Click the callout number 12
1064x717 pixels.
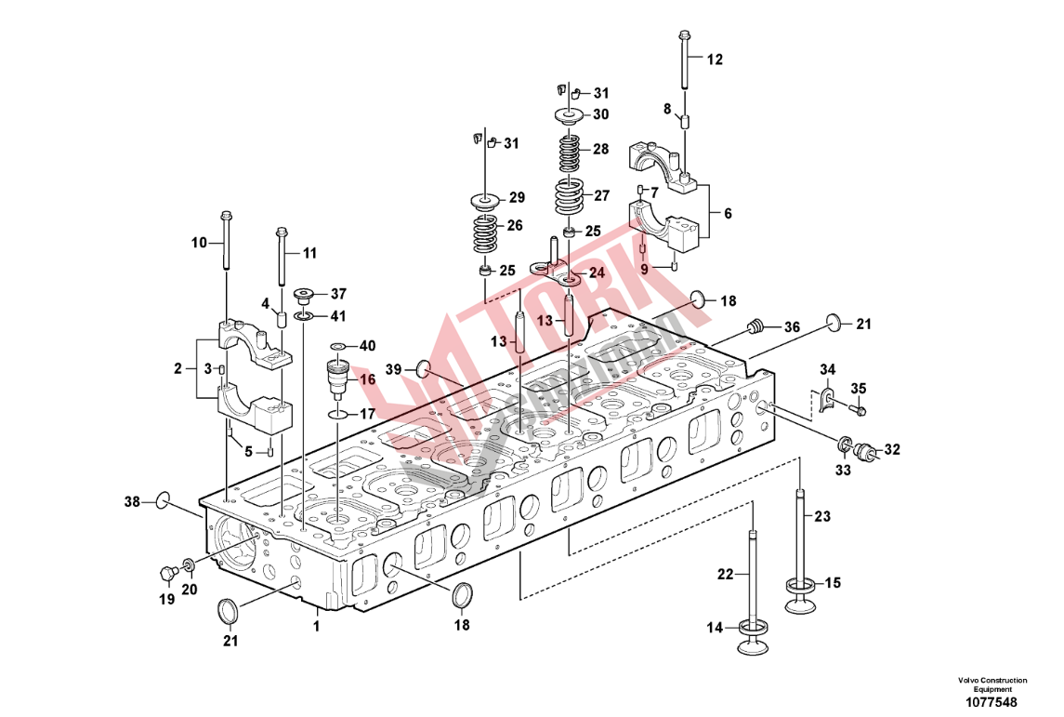714,60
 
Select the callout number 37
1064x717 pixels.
337,294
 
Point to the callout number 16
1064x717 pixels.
367,379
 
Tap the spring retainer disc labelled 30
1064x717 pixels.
569,114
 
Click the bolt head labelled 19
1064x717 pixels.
167,570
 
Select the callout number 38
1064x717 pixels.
133,502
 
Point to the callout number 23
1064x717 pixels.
824,517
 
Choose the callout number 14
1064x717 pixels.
714,629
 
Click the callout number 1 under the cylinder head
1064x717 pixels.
316,626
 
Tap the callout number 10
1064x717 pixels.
199,243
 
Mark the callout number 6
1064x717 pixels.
728,213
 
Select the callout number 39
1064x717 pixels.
394,370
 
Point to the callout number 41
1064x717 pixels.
337,316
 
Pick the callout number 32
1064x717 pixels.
892,450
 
